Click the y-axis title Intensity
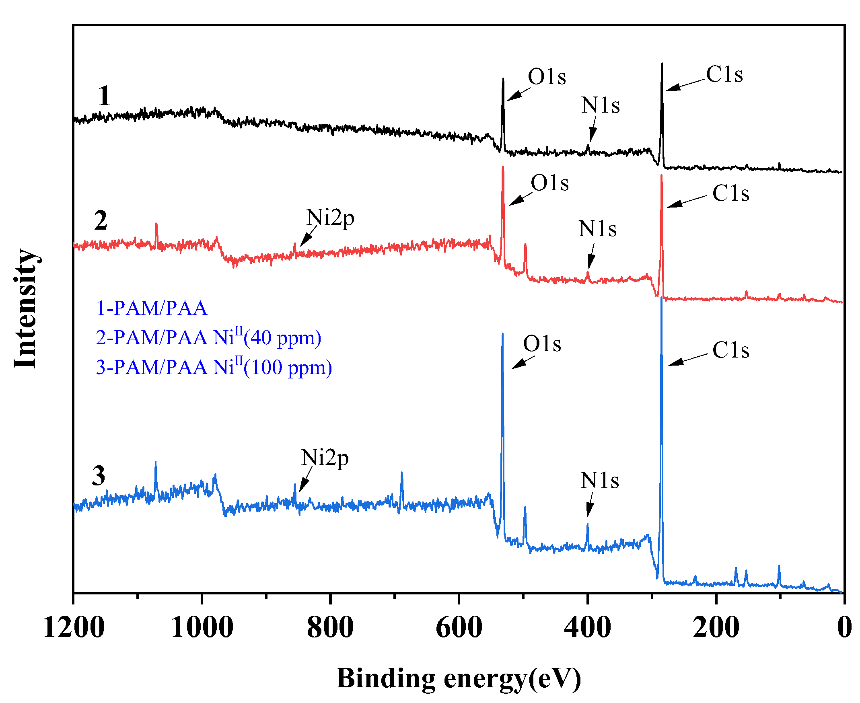(x=25, y=308)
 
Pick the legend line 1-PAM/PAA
(x=152, y=308)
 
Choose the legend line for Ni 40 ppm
(x=208, y=337)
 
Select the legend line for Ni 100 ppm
(x=214, y=367)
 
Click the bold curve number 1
(x=104, y=96)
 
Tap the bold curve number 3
(x=99, y=476)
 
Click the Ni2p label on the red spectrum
(x=330, y=218)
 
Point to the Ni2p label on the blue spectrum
(x=325, y=458)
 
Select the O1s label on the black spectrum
(x=547, y=76)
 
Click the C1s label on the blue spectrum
(x=731, y=350)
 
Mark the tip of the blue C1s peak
(x=662, y=298)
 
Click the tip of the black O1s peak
(x=503, y=79)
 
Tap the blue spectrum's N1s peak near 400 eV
(x=587, y=525)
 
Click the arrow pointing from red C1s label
(x=687, y=201)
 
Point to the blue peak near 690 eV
(x=401, y=473)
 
